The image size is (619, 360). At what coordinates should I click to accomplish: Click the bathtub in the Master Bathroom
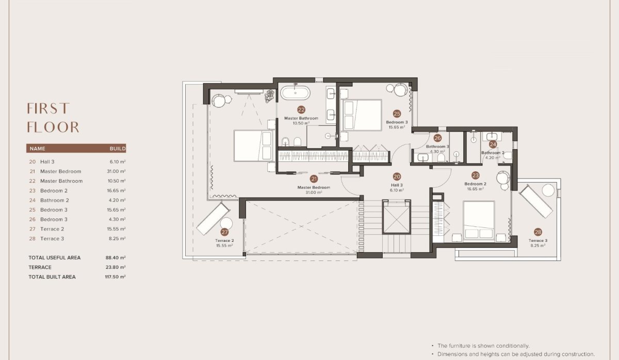click(296, 93)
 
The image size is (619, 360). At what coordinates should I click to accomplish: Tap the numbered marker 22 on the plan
click(301, 109)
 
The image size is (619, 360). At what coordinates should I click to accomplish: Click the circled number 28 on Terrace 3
click(538, 232)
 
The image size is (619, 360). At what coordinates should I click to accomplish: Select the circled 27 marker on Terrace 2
click(224, 232)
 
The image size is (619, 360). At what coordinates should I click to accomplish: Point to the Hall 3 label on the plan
click(397, 185)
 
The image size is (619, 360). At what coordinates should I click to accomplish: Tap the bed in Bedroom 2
click(479, 221)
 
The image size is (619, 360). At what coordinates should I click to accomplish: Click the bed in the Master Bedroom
click(253, 146)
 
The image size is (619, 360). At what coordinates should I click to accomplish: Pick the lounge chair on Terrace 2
click(213, 218)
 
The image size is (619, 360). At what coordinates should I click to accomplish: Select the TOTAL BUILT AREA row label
click(52, 277)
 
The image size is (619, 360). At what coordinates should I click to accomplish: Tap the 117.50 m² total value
click(116, 277)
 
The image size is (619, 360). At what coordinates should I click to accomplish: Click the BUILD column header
click(118, 149)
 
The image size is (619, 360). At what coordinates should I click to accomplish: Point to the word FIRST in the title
click(48, 108)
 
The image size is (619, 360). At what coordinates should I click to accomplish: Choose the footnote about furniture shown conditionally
click(483, 346)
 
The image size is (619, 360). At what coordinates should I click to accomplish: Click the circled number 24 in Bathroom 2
click(493, 144)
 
